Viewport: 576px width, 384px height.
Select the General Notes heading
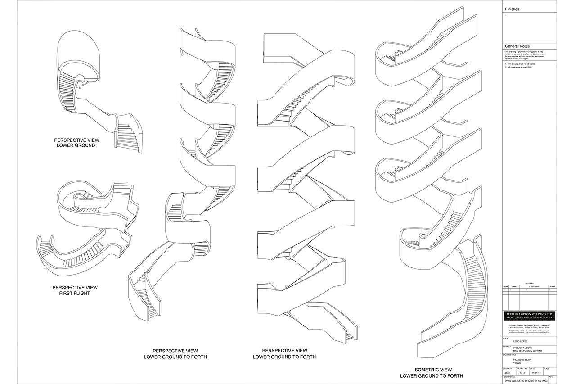coord(517,46)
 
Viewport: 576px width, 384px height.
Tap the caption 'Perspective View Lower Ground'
coord(75,142)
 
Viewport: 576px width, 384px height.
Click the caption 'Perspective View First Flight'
coord(75,290)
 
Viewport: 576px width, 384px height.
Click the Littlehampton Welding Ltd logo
coord(529,315)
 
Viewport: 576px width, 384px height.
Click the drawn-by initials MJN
coord(506,373)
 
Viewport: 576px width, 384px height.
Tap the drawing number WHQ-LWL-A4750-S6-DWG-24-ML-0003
coord(526,381)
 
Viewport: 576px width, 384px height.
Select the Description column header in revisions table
coord(534,286)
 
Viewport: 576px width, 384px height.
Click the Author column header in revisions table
coord(553,286)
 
